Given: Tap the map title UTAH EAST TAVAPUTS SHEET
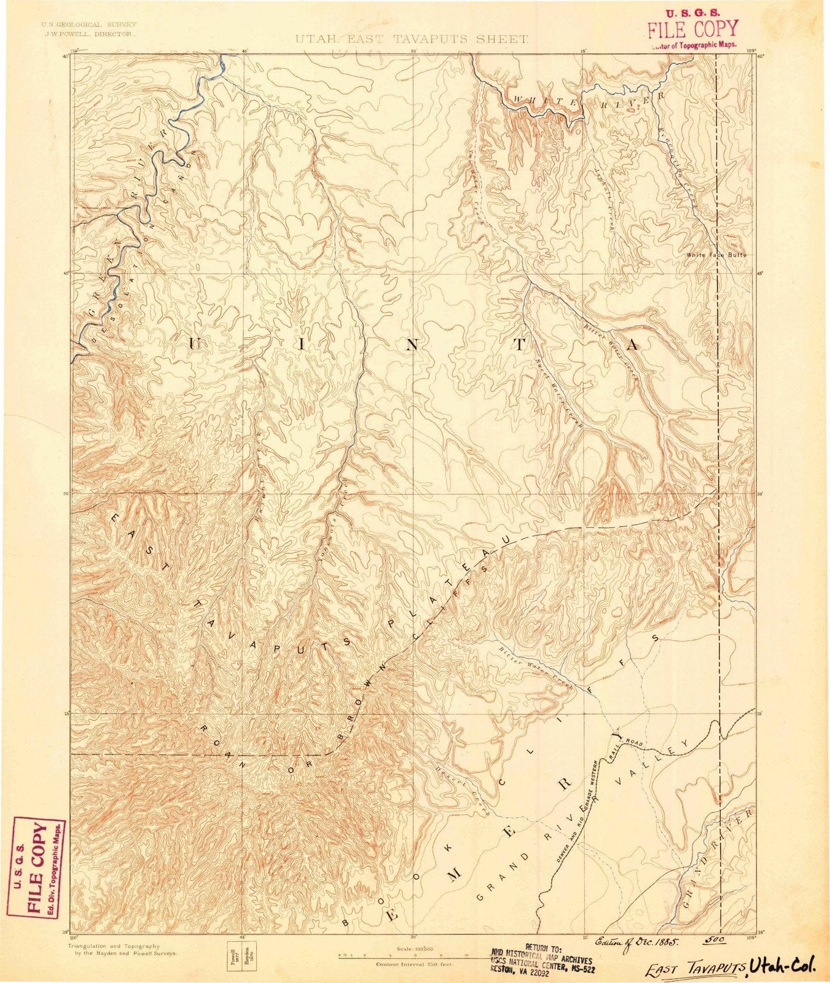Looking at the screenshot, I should coord(411,39).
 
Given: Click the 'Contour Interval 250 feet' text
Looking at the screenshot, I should coord(414,965).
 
